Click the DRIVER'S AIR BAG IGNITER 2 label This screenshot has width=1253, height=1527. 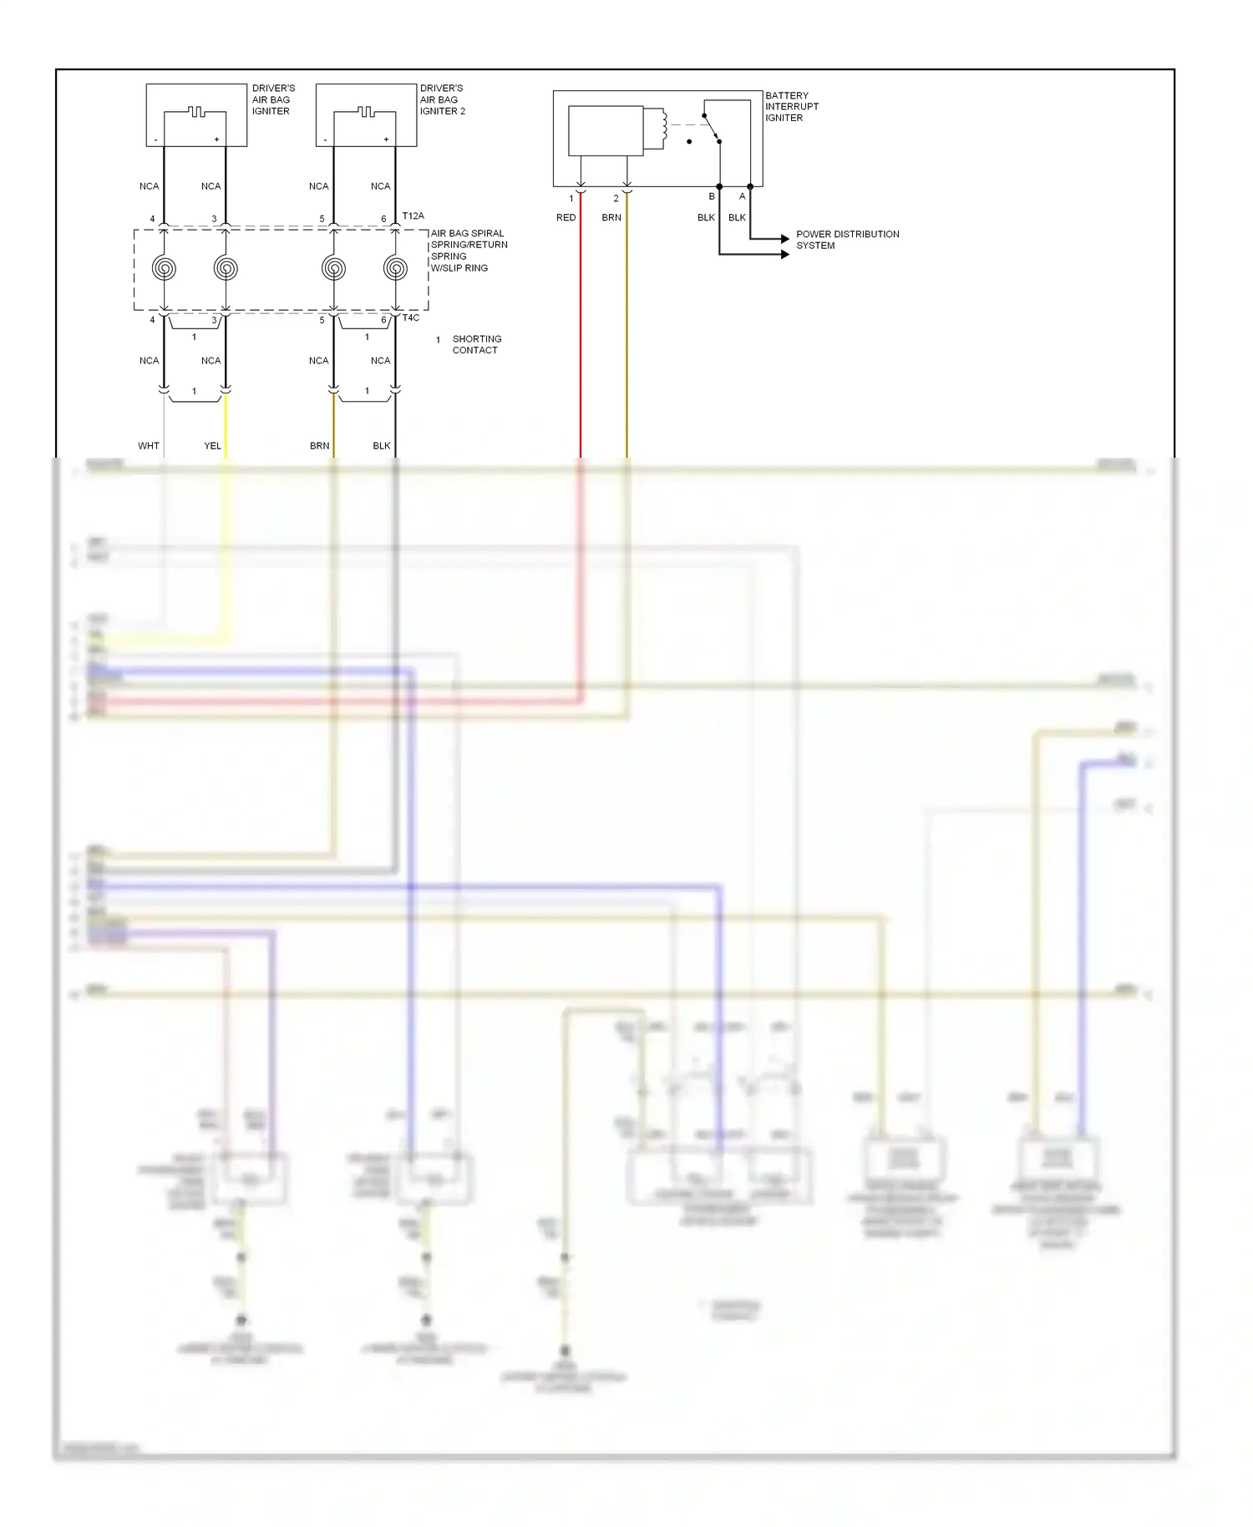pos(442,99)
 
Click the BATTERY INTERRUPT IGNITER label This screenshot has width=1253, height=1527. pos(791,106)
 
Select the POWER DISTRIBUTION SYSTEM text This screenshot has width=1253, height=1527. pos(847,240)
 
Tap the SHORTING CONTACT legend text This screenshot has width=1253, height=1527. pos(476,344)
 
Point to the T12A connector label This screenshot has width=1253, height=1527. pos(413,216)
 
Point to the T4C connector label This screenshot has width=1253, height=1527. pos(411,317)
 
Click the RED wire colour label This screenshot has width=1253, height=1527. pos(566,217)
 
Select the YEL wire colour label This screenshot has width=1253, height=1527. pos(212,445)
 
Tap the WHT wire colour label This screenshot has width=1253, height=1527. pos(149,445)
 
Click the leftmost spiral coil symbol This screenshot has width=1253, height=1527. pos(164,268)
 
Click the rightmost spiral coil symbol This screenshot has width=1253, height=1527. pos(395,268)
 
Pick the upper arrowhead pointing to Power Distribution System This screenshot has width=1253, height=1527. pos(784,239)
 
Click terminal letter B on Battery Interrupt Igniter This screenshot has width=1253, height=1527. pos(712,196)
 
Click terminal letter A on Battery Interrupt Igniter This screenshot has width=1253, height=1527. pos(742,196)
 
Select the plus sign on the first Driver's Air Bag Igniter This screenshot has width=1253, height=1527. pos(216,140)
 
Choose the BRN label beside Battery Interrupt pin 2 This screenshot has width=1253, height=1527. pos(611,217)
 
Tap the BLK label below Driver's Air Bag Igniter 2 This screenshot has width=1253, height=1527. pos(381,445)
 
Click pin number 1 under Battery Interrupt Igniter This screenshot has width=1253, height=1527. pos(571,198)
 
